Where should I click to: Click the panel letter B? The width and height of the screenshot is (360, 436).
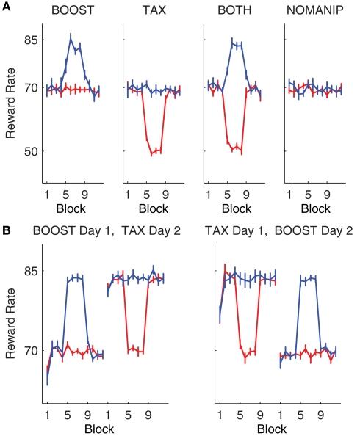(5, 230)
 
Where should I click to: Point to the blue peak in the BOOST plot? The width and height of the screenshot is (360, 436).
(71, 39)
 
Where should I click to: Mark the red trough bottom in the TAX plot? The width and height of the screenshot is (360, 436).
(152, 154)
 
